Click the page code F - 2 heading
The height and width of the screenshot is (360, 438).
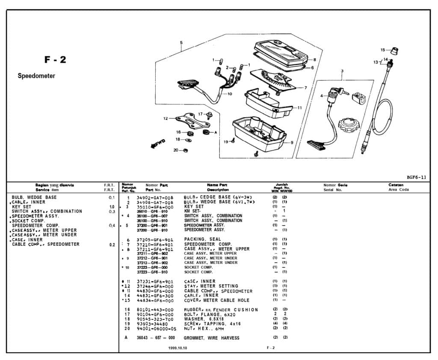[55, 60]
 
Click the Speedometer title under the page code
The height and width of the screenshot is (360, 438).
[36, 76]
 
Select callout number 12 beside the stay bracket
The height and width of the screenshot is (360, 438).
[166, 118]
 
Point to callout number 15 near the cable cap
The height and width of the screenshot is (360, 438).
[383, 50]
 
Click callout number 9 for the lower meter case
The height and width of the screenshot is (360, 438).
[292, 142]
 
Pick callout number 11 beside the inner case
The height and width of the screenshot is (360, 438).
[299, 108]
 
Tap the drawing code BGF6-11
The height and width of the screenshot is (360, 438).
[416, 177]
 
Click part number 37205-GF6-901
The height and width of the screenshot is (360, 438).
[155, 239]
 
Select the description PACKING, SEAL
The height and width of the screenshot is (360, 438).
[202, 239]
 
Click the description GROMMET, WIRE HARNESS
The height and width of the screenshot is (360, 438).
[211, 338]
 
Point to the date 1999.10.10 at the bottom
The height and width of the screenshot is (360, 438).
[178, 348]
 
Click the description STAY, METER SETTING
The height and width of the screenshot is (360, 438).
[211, 286]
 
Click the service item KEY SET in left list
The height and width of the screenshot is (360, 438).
[21, 207]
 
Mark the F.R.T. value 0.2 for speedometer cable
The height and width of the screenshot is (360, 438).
[112, 245]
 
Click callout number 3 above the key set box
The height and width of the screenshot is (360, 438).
[342, 71]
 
